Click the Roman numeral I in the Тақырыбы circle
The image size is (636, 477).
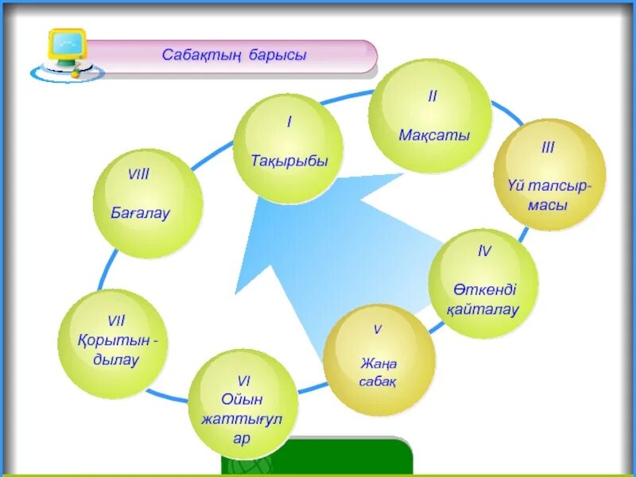289,122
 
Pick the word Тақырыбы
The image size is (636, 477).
289,161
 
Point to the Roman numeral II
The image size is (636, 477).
432,96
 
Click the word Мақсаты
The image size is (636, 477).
434,135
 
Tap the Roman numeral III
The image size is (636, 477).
548,148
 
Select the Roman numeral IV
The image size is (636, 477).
484,251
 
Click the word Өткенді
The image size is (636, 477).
485,289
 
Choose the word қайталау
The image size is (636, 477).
485,310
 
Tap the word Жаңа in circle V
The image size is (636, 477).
378,364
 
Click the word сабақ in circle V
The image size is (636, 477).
378,382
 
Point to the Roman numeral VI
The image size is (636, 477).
243,380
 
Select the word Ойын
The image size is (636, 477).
243,399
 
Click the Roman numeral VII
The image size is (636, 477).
116,321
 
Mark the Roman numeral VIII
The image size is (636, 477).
138,175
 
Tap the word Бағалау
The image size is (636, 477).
140,214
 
